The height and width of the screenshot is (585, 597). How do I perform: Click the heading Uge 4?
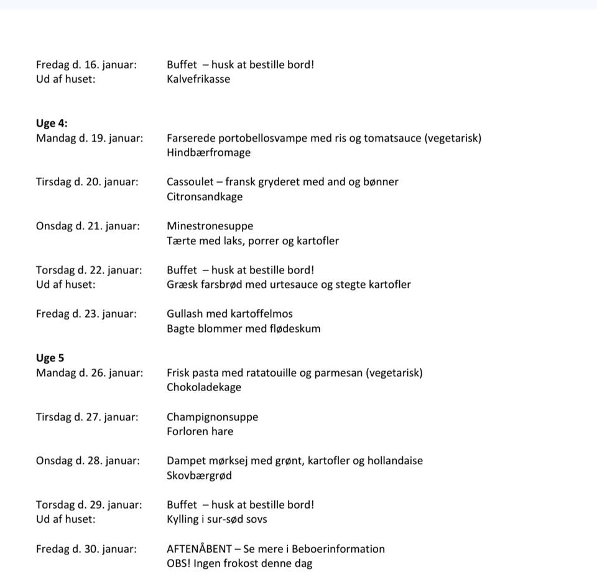pyautogui.click(x=52, y=123)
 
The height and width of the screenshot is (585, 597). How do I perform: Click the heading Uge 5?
pyautogui.click(x=50, y=358)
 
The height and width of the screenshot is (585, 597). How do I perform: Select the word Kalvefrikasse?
pyautogui.click(x=198, y=79)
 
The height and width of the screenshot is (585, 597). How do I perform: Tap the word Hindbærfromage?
pyautogui.click(x=208, y=152)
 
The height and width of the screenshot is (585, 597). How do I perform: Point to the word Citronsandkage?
pyautogui.click(x=205, y=196)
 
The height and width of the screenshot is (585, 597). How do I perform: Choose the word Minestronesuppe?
pyautogui.click(x=210, y=226)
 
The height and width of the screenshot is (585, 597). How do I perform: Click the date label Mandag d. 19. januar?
pyautogui.click(x=89, y=138)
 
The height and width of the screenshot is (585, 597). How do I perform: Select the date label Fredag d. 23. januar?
pyautogui.click(x=86, y=314)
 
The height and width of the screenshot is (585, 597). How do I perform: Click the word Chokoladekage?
pyautogui.click(x=203, y=387)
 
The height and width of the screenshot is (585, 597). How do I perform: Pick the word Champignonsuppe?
pyautogui.click(x=212, y=417)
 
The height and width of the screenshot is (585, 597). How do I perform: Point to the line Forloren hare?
pyautogui.click(x=200, y=431)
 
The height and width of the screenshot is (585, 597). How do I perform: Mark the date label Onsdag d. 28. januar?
pyautogui.click(x=88, y=461)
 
